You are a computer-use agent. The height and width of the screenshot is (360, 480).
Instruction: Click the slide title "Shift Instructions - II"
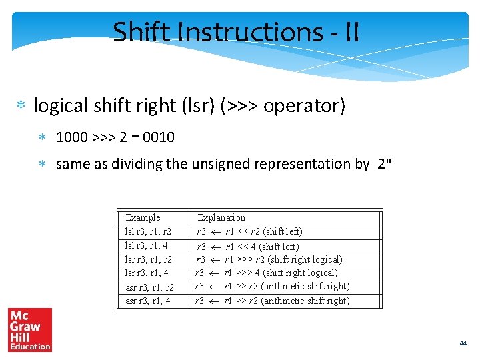(236, 31)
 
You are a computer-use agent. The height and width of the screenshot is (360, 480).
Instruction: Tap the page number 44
(463, 343)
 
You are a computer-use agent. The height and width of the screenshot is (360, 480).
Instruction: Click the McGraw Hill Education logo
(30, 329)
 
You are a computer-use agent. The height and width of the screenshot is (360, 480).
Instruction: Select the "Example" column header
(143, 217)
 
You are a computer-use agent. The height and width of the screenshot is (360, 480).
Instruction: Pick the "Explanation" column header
(221, 217)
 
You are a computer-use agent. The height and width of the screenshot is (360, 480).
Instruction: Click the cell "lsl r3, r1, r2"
(148, 231)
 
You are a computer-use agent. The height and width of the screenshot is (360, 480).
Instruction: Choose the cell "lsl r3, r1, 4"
(146, 246)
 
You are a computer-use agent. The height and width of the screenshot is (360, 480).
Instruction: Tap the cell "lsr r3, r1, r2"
(148, 259)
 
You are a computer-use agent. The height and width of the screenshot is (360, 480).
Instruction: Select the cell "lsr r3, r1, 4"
(147, 273)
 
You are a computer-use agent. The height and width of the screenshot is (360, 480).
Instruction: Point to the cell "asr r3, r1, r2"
(149, 287)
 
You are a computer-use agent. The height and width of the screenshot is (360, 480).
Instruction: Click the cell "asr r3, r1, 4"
(147, 301)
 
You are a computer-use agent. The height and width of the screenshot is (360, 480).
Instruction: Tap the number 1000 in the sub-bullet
(71, 137)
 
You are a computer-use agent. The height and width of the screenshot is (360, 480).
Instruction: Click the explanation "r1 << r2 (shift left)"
(264, 231)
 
